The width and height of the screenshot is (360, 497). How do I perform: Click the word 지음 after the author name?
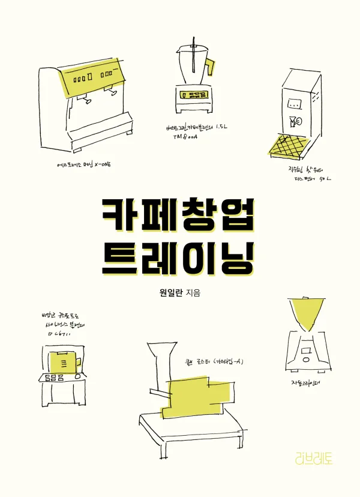tap(195, 292)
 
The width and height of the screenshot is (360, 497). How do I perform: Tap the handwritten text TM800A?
tap(187, 137)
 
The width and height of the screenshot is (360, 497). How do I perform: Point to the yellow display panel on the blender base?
tap(193, 95)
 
